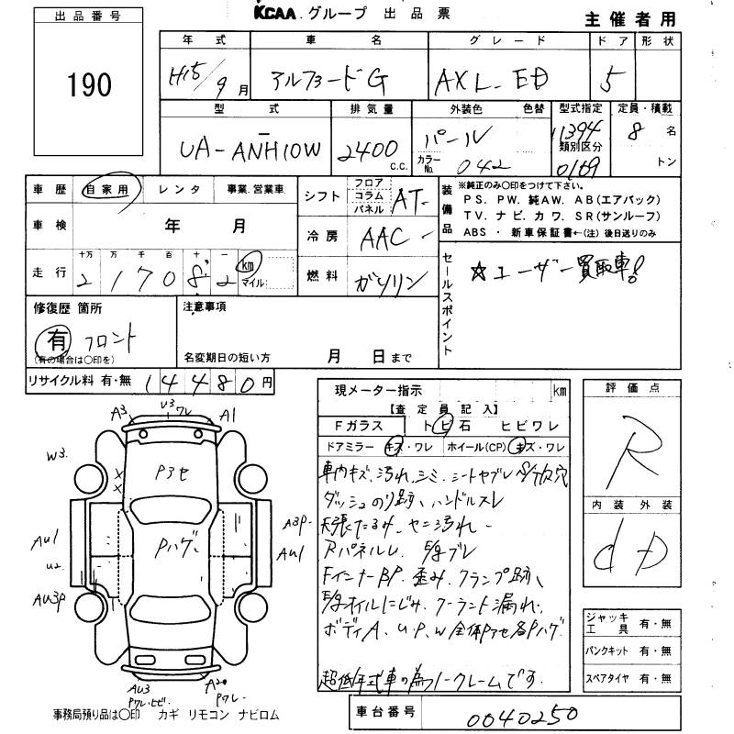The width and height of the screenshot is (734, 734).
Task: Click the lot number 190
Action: pos(89,85)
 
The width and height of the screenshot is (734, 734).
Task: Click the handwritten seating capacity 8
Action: pos(630,131)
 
